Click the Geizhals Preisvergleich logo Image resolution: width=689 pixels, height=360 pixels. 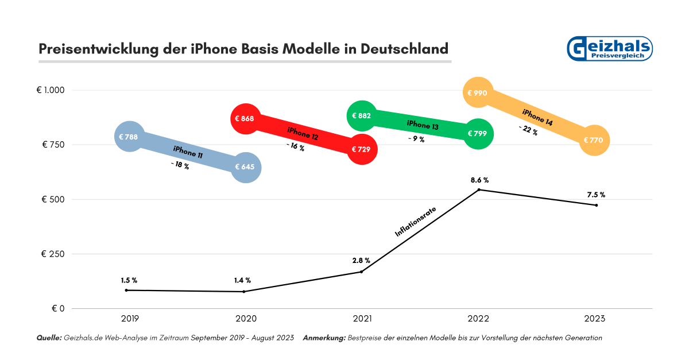(609, 49)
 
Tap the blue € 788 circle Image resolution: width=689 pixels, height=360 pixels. (130, 137)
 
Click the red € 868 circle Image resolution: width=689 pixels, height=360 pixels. (245, 119)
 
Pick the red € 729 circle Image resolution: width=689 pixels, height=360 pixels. (362, 149)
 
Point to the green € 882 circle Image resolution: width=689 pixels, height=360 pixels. (362, 116)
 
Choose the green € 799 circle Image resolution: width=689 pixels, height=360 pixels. (478, 134)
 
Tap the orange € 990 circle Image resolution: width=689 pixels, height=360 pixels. (478, 92)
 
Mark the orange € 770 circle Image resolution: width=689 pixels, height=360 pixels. (594, 140)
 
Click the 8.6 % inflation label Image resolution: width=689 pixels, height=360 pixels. (479, 180)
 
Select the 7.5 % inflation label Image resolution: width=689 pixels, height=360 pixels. (596, 195)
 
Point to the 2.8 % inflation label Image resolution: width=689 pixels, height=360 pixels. (361, 261)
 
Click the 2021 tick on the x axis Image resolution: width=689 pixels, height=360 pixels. (362, 318)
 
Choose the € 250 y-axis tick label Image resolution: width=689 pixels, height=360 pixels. (53, 254)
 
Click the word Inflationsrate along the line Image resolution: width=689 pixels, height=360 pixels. (416, 222)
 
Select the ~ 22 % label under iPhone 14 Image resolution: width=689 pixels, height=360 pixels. (528, 130)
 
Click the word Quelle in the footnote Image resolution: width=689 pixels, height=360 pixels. (49, 338)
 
